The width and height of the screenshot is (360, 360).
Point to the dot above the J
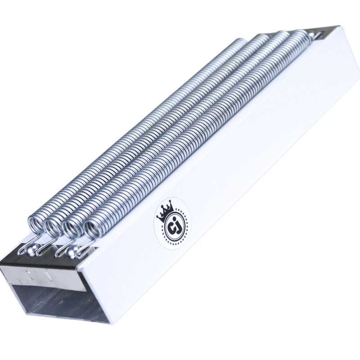click(175, 218)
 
